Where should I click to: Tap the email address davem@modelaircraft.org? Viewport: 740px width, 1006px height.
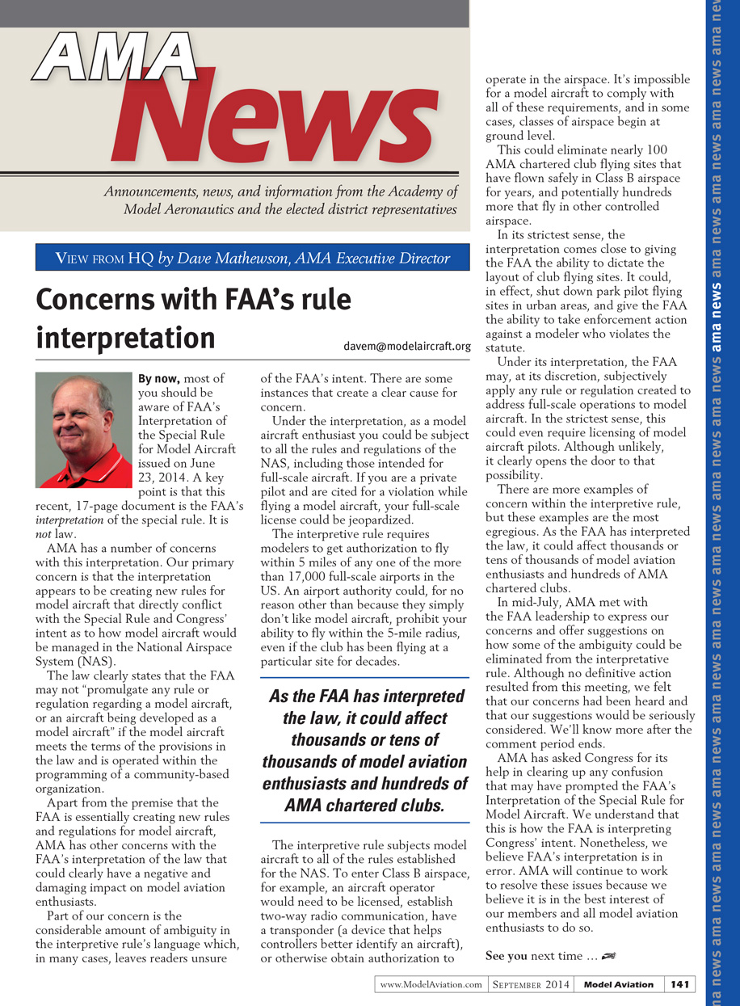(x=407, y=347)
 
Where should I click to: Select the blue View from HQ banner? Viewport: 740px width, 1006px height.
(x=252, y=259)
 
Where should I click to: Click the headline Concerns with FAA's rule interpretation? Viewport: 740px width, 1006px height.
(x=194, y=318)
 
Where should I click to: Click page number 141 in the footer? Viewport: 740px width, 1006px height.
(x=679, y=984)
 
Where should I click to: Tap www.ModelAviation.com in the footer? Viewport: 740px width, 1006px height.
(x=431, y=984)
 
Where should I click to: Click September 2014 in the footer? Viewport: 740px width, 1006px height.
(x=531, y=984)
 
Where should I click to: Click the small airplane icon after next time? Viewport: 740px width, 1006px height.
(x=609, y=957)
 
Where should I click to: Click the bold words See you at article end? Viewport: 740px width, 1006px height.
(x=506, y=957)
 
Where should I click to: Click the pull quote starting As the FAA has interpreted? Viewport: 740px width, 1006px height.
(x=364, y=751)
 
